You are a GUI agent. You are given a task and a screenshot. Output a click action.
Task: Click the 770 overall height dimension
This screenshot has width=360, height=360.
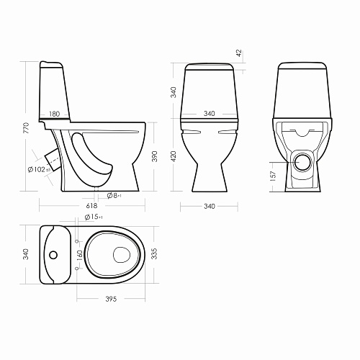[x=27, y=128]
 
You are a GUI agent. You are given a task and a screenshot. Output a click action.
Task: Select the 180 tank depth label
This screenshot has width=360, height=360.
[x=54, y=114]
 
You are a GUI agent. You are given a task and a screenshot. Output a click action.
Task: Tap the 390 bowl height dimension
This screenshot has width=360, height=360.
[x=155, y=156]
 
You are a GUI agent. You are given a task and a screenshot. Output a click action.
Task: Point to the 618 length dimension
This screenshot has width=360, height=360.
[x=91, y=206]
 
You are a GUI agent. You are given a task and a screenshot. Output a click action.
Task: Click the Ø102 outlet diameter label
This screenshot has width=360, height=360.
[x=39, y=169]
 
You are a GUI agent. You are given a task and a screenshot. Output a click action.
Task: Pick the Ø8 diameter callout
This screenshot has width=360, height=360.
[x=114, y=196]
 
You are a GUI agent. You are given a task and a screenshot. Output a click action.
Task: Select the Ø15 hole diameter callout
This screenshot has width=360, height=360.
[x=94, y=217]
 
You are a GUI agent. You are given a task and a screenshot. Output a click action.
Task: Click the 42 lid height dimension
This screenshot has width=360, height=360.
[x=239, y=53]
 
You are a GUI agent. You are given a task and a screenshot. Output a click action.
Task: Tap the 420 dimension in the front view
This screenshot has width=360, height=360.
[x=174, y=156]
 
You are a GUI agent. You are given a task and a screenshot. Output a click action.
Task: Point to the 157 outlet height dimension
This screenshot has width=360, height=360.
[x=273, y=176]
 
